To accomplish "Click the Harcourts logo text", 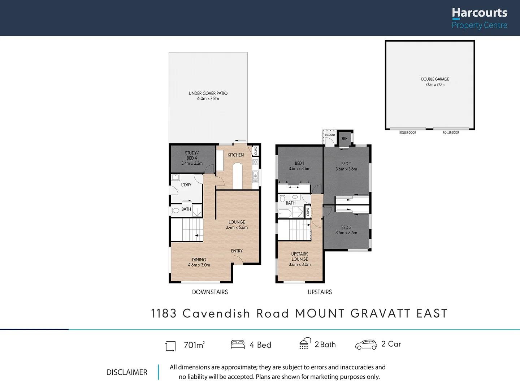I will click(479, 13).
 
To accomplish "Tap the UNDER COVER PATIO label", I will click(208, 93).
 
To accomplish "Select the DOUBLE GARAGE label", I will click(435, 79).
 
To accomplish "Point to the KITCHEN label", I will click(235, 155).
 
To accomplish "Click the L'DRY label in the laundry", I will click(186, 185).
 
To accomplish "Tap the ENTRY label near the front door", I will click(237, 251).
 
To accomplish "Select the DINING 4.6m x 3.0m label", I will click(199, 262).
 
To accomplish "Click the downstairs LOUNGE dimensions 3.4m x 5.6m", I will click(237, 227).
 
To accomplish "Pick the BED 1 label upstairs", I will click(299, 164).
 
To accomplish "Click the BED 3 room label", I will click(346, 227).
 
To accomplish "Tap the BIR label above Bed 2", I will click(344, 139).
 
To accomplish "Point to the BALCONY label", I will click(330, 135).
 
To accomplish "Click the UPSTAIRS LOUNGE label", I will click(300, 256).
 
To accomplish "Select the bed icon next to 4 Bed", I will click(238, 344).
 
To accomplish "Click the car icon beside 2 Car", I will click(366, 345).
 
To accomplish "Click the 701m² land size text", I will click(194, 345).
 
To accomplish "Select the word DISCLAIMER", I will click(127, 372).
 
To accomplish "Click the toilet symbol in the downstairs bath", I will click(175, 210).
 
